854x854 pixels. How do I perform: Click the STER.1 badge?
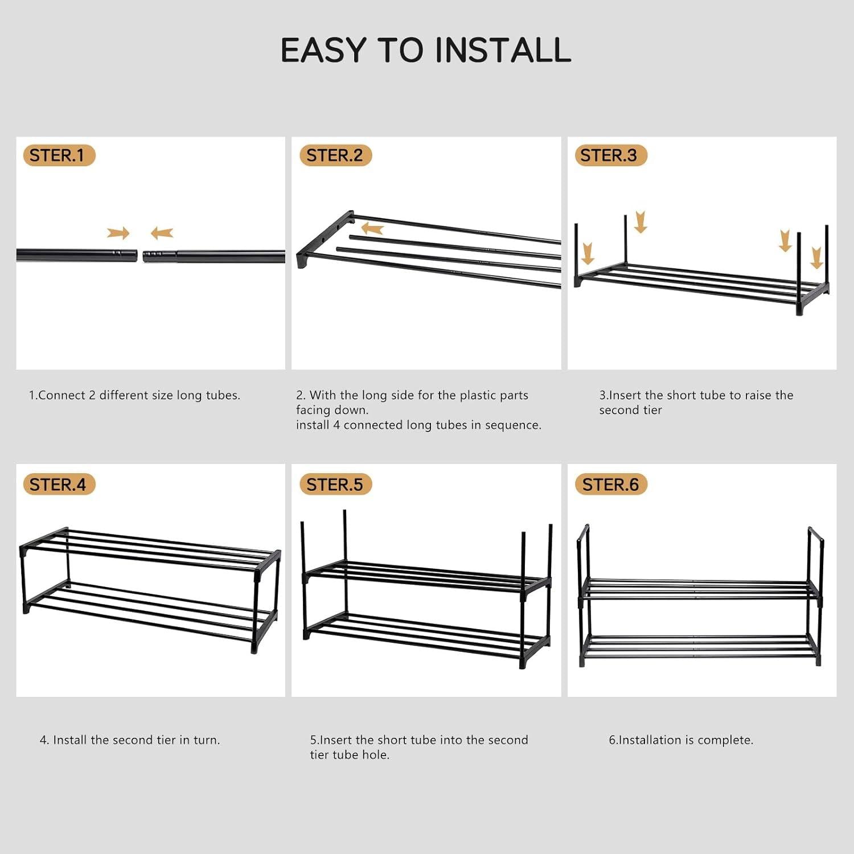(59, 155)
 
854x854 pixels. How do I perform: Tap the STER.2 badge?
(335, 155)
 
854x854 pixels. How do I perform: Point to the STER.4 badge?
(59, 485)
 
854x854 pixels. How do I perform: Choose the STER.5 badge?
(335, 485)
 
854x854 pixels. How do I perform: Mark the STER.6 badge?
(611, 485)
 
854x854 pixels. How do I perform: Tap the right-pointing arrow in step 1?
(118, 233)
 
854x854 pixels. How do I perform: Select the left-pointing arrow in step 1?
(162, 233)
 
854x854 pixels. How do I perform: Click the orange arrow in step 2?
(373, 229)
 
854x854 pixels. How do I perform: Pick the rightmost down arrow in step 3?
(816, 257)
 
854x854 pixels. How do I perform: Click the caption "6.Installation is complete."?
(681, 740)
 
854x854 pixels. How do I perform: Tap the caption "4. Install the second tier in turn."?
(130, 740)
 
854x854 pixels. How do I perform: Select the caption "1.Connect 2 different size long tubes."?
(135, 395)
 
